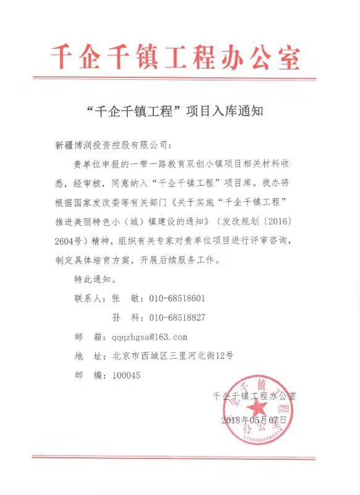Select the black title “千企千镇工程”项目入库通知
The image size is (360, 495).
[176, 113]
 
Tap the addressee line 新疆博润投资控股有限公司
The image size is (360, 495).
[111, 146]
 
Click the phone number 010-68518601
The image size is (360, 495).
[177, 298]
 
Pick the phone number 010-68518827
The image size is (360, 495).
[177, 317]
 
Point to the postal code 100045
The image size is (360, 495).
[127, 375]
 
